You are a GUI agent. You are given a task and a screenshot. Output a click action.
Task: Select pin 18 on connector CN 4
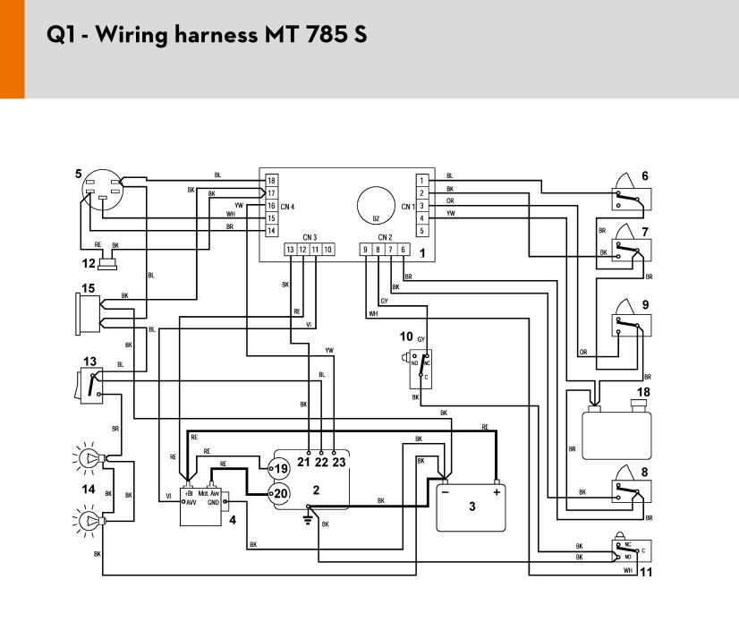click(270, 181)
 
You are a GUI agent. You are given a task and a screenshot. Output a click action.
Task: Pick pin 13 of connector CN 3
click(290, 249)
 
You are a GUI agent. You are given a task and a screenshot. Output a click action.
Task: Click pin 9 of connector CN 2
click(365, 249)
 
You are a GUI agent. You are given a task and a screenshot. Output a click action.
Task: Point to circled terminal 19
click(278, 468)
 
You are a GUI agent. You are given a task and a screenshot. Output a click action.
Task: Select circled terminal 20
click(278, 492)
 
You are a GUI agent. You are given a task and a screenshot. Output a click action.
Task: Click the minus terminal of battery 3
click(445, 490)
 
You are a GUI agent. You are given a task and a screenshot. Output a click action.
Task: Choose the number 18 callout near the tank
click(642, 391)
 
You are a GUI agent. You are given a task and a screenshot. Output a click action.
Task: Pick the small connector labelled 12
click(110, 263)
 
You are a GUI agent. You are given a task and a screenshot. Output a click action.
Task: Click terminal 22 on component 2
click(321, 462)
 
